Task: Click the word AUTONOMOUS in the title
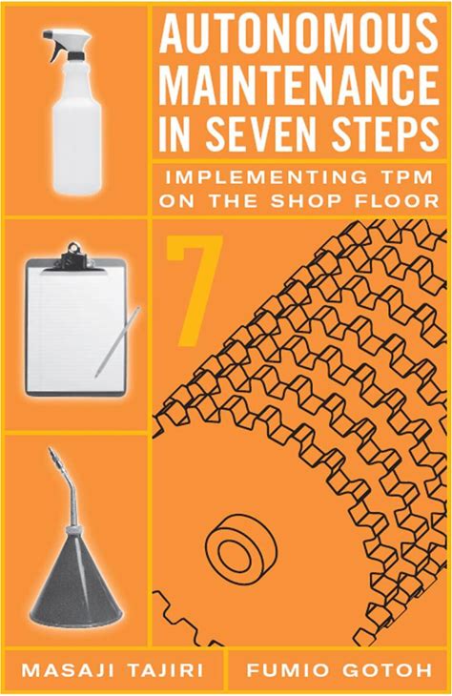(298, 32)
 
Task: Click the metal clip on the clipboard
(74, 256)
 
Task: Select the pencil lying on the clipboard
(117, 341)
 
